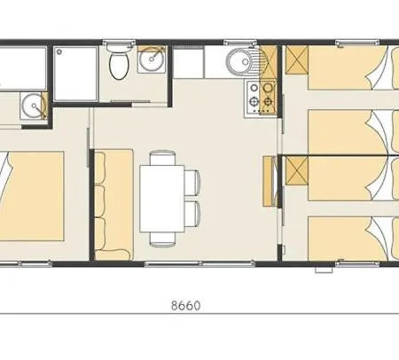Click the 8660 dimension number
[x=186, y=305]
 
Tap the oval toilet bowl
[x=119, y=67]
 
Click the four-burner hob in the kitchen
[x=261, y=98]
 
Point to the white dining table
[x=162, y=199]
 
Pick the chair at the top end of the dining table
[x=162, y=158]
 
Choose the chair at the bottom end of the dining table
[x=162, y=239]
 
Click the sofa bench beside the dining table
[x=113, y=205]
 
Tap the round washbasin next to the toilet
[x=152, y=59]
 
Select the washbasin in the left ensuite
[x=34, y=106]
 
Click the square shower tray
[x=75, y=74]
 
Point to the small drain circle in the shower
[x=59, y=52]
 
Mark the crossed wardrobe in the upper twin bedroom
[x=297, y=59]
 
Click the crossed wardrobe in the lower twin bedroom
[x=297, y=171]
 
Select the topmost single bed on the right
[x=354, y=67]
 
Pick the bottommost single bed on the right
[x=354, y=239]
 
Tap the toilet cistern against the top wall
[x=119, y=47]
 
